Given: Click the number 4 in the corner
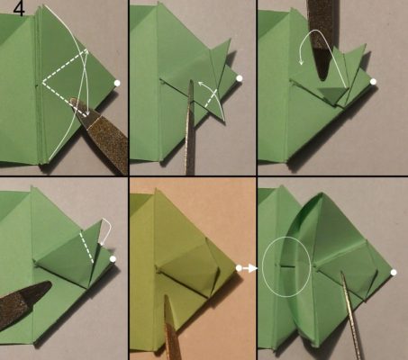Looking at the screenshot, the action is [19, 8].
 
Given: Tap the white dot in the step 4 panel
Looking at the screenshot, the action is [117, 83].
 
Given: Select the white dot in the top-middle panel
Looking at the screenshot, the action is [239, 78].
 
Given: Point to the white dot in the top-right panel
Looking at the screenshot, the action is [373, 82].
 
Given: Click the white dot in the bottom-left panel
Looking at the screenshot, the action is [113, 258].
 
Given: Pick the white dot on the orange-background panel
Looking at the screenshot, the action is [239, 268].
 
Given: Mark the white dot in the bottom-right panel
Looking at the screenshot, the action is [394, 273].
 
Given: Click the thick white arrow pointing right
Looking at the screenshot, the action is [249, 268].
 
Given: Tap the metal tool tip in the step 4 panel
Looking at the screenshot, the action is [72, 100].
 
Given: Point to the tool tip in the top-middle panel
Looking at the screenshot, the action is [191, 81].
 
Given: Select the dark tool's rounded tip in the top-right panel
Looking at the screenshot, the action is [322, 77].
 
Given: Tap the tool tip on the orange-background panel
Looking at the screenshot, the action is [166, 297].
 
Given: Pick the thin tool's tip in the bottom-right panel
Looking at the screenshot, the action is [341, 273].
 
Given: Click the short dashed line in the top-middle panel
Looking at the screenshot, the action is [211, 98].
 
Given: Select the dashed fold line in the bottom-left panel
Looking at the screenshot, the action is [86, 247].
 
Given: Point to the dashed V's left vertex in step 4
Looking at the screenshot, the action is [43, 82].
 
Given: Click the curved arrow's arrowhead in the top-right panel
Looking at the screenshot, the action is [302, 62].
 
